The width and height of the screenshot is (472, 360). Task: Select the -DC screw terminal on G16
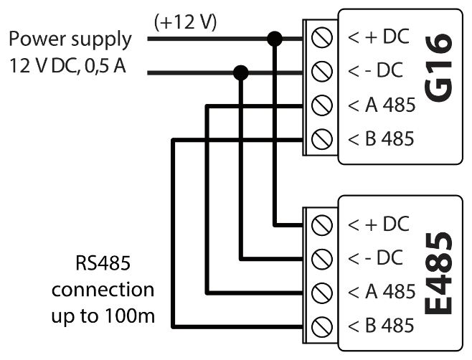click(x=322, y=71)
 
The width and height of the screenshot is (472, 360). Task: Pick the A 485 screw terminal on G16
click(x=322, y=105)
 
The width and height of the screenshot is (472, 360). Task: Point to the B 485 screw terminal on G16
click(x=322, y=139)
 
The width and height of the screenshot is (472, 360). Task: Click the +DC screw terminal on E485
click(x=322, y=224)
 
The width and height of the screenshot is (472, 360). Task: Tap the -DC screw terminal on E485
click(x=322, y=257)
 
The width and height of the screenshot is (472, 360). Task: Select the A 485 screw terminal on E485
click(x=322, y=292)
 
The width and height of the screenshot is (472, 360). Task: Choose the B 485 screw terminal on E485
click(x=322, y=326)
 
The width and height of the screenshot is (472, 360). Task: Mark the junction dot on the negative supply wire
click(x=241, y=71)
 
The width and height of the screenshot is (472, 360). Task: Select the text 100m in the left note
click(x=134, y=316)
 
